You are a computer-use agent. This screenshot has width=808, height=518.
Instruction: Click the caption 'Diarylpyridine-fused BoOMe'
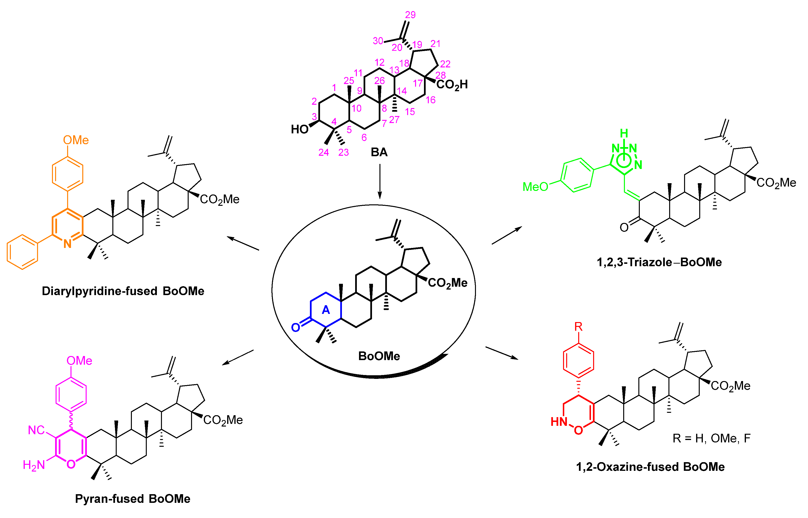click(x=123, y=291)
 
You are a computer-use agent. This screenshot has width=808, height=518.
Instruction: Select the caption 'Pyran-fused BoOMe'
click(x=133, y=499)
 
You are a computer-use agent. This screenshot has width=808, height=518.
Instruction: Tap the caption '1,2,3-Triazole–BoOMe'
click(x=659, y=262)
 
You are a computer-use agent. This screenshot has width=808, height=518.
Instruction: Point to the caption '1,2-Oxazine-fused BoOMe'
click(x=650, y=467)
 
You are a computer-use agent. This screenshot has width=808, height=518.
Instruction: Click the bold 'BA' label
click(x=379, y=152)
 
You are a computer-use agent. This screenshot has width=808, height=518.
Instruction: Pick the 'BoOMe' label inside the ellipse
click(x=379, y=356)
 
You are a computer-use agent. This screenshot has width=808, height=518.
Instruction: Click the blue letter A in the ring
click(x=326, y=310)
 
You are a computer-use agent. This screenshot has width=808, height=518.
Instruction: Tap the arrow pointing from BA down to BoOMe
click(x=380, y=182)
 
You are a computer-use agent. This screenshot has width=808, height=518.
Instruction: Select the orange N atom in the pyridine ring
click(x=68, y=244)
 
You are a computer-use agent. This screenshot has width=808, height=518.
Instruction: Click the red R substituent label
click(x=578, y=327)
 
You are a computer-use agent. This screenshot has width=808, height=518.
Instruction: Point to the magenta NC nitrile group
click(x=36, y=430)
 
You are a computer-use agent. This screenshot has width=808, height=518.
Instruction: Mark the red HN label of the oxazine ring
click(x=559, y=421)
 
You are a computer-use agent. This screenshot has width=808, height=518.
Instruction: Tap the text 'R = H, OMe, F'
click(x=712, y=438)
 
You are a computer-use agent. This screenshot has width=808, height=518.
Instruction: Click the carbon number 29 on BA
click(x=410, y=15)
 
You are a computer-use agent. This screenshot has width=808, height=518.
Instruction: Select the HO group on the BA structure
click(x=300, y=129)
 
